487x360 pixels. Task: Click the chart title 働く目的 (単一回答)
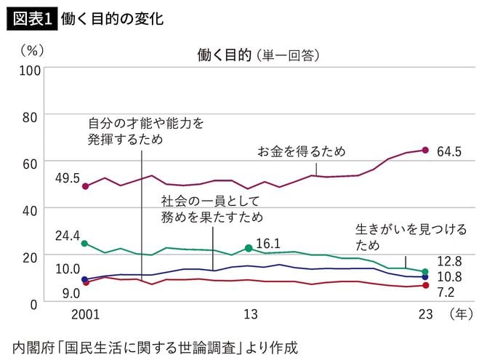pyautogui.click(x=258, y=55)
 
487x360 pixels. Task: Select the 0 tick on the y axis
pyautogui.click(x=37, y=303)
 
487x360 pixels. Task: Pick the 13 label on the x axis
pyautogui.click(x=250, y=315)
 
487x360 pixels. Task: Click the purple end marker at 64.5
pyautogui.click(x=425, y=151)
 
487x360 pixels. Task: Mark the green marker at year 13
pyautogui.click(x=249, y=248)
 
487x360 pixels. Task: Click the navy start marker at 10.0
pyautogui.click(x=85, y=279)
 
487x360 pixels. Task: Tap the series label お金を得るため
pyautogui.click(x=302, y=151)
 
